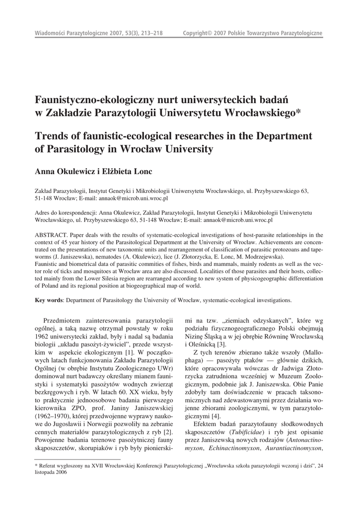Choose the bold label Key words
[x=49, y=301]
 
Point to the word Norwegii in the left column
[x=103, y=424]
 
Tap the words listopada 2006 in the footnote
[x=51, y=473]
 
